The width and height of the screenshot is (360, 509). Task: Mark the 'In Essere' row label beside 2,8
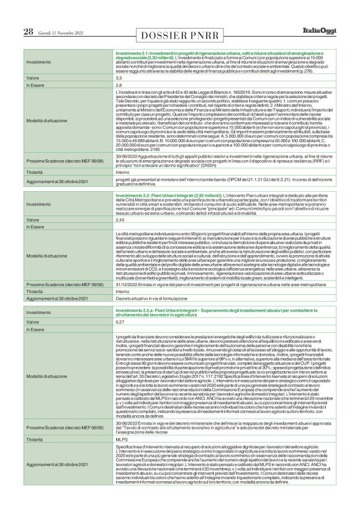click(x=35, y=85)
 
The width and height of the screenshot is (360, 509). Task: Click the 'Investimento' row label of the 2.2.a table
click(x=39, y=313)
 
